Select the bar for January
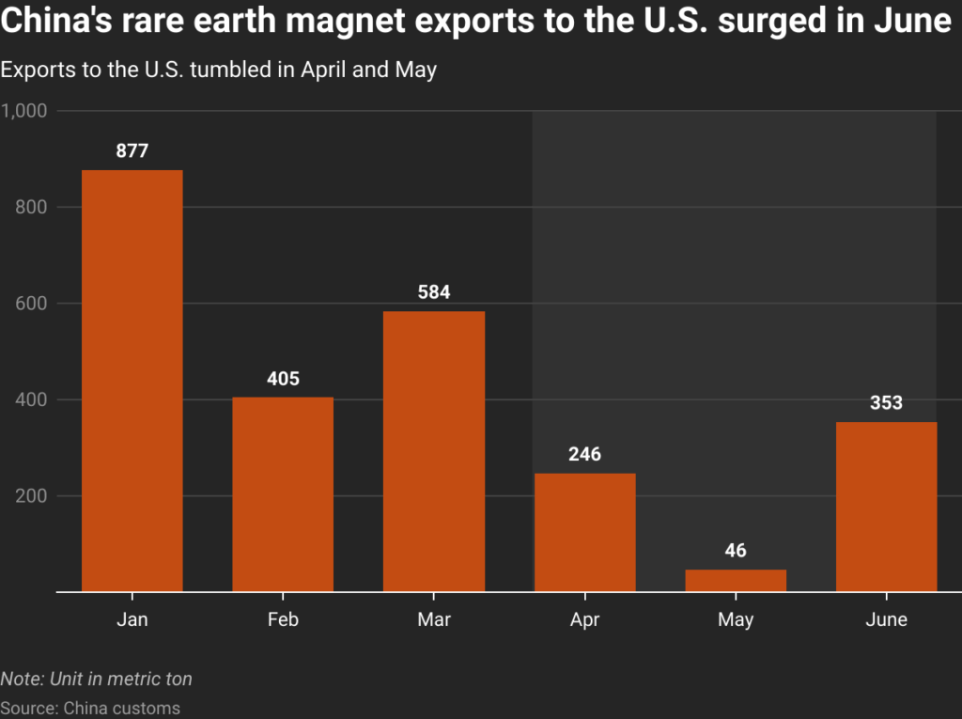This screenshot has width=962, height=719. pyautogui.click(x=132, y=381)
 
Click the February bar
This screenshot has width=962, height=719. pyautogui.click(x=283, y=494)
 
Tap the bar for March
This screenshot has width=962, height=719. pyautogui.click(x=434, y=451)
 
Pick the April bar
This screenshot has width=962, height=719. pyautogui.click(x=584, y=532)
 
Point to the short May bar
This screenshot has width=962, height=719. pyautogui.click(x=736, y=581)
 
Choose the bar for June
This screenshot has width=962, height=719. pyautogui.click(x=886, y=507)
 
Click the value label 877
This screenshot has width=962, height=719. pyautogui.click(x=132, y=150)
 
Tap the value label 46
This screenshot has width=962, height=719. pyautogui.click(x=736, y=550)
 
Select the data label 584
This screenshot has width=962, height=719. pyautogui.click(x=434, y=292)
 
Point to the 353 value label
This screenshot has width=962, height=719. pyautogui.click(x=886, y=403)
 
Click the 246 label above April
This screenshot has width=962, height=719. pyautogui.click(x=584, y=454)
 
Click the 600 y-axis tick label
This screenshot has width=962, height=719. pyautogui.click(x=31, y=304)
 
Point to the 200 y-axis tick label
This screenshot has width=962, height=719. pyautogui.click(x=31, y=496)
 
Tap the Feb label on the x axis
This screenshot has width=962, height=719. pyautogui.click(x=283, y=619)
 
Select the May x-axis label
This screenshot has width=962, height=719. pyautogui.click(x=736, y=620)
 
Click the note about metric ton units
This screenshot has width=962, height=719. pyautogui.click(x=97, y=679)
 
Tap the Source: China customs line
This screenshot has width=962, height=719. pyautogui.click(x=90, y=708)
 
